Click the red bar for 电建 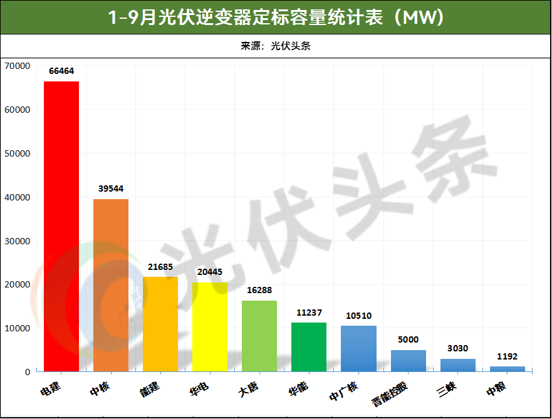click(x=61, y=226)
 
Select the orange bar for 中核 click(x=111, y=285)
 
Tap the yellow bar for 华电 click(x=210, y=327)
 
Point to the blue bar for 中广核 click(x=358, y=348)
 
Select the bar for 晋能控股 click(x=408, y=361)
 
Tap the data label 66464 click(x=61, y=71)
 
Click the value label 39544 click(x=111, y=189)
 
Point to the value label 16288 click(x=259, y=291)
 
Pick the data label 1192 click(x=507, y=356)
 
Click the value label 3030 click(x=457, y=348)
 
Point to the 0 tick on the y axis click(x=27, y=372)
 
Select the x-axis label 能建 click(x=150, y=389)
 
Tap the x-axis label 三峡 click(x=447, y=389)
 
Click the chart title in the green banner click(x=276, y=18)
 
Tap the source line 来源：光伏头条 click(x=276, y=46)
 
